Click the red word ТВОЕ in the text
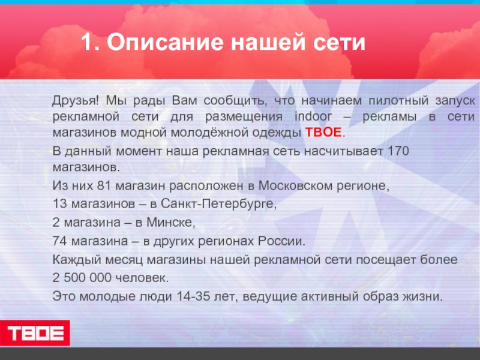324,133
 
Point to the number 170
398,150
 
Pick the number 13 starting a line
59,205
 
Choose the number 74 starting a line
61,242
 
